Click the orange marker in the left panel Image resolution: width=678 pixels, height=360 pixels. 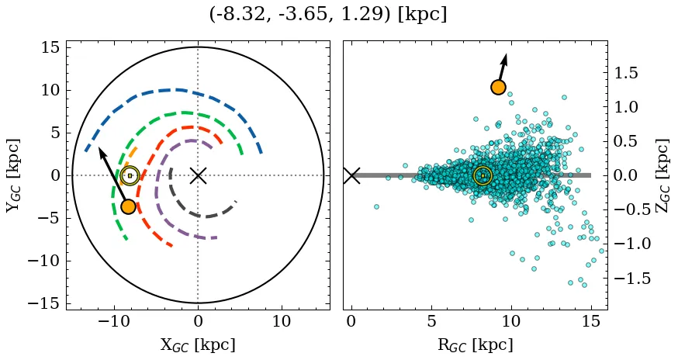[x=128, y=206]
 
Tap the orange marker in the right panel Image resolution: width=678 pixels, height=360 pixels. [x=498, y=88]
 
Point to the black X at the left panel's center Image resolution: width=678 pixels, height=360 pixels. [x=198, y=175]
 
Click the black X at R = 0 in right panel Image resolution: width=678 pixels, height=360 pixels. [x=351, y=175]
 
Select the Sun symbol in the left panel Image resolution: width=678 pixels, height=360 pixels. [x=130, y=175]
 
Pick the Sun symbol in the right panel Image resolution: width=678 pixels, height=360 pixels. [x=483, y=175]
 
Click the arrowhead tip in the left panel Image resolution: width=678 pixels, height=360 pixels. [x=99, y=147]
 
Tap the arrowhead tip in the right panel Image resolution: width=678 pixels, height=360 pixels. [x=506, y=54]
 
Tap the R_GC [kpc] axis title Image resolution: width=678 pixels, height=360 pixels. [x=475, y=344]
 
